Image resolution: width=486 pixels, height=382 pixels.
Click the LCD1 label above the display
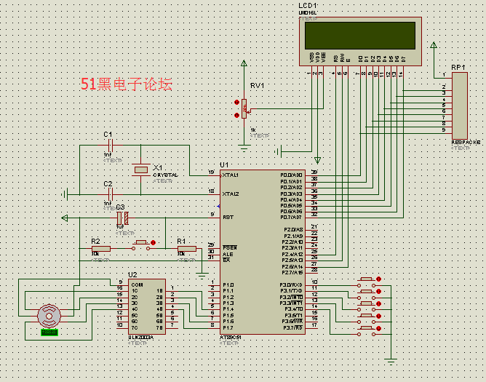(308, 7)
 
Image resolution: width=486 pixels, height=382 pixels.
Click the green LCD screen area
(360, 34)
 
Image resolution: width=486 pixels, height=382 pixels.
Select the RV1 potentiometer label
(257, 86)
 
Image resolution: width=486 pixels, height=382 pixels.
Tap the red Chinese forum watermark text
(127, 84)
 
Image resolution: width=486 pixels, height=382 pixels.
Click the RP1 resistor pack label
(458, 67)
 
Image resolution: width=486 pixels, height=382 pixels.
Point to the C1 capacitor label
(108, 135)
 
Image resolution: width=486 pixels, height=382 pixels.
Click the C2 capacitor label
(108, 184)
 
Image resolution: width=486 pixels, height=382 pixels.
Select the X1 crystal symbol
(141, 170)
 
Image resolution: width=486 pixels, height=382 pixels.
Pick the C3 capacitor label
(121, 208)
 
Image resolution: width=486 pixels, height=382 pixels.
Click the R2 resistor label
(95, 241)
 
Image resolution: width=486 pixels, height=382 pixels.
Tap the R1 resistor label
(181, 241)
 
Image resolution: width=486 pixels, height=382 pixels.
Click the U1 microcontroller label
(223, 165)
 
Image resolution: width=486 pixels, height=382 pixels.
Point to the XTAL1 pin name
(231, 175)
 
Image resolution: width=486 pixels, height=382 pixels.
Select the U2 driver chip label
(132, 275)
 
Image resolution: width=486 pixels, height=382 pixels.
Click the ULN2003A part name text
(140, 337)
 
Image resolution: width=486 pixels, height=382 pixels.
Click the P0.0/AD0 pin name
(291, 175)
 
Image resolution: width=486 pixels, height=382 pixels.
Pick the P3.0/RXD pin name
(291, 284)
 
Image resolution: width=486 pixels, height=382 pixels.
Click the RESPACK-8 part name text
(466, 142)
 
